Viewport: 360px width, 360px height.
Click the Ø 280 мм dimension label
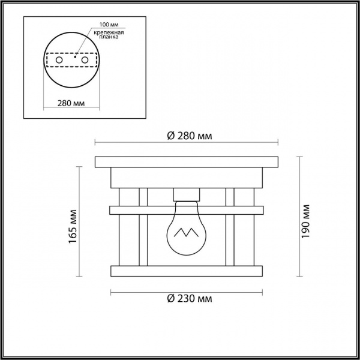(188, 136)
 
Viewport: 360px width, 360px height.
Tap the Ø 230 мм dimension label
(188, 298)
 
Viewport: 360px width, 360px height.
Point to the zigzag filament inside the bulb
(187, 232)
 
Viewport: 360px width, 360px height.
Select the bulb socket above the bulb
(187, 194)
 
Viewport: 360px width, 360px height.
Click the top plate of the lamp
(187, 162)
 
